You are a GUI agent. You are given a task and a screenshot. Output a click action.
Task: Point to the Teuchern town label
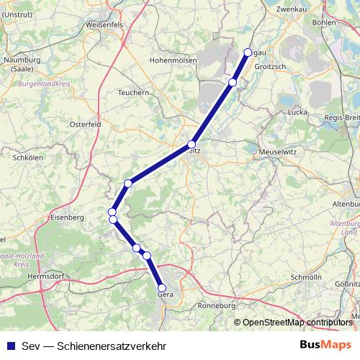pyautogui.click(x=134, y=92)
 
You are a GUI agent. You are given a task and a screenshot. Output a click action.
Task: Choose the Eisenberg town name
pyautogui.click(x=68, y=215)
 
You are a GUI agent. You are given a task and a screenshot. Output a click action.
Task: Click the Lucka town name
pyautogui.click(x=297, y=112)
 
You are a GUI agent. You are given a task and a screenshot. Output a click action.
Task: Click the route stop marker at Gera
pyautogui.click(x=162, y=288)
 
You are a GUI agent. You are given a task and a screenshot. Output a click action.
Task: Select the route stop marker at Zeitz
pyautogui.click(x=192, y=144)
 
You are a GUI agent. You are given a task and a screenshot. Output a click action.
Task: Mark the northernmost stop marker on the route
pyautogui.click(x=248, y=52)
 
